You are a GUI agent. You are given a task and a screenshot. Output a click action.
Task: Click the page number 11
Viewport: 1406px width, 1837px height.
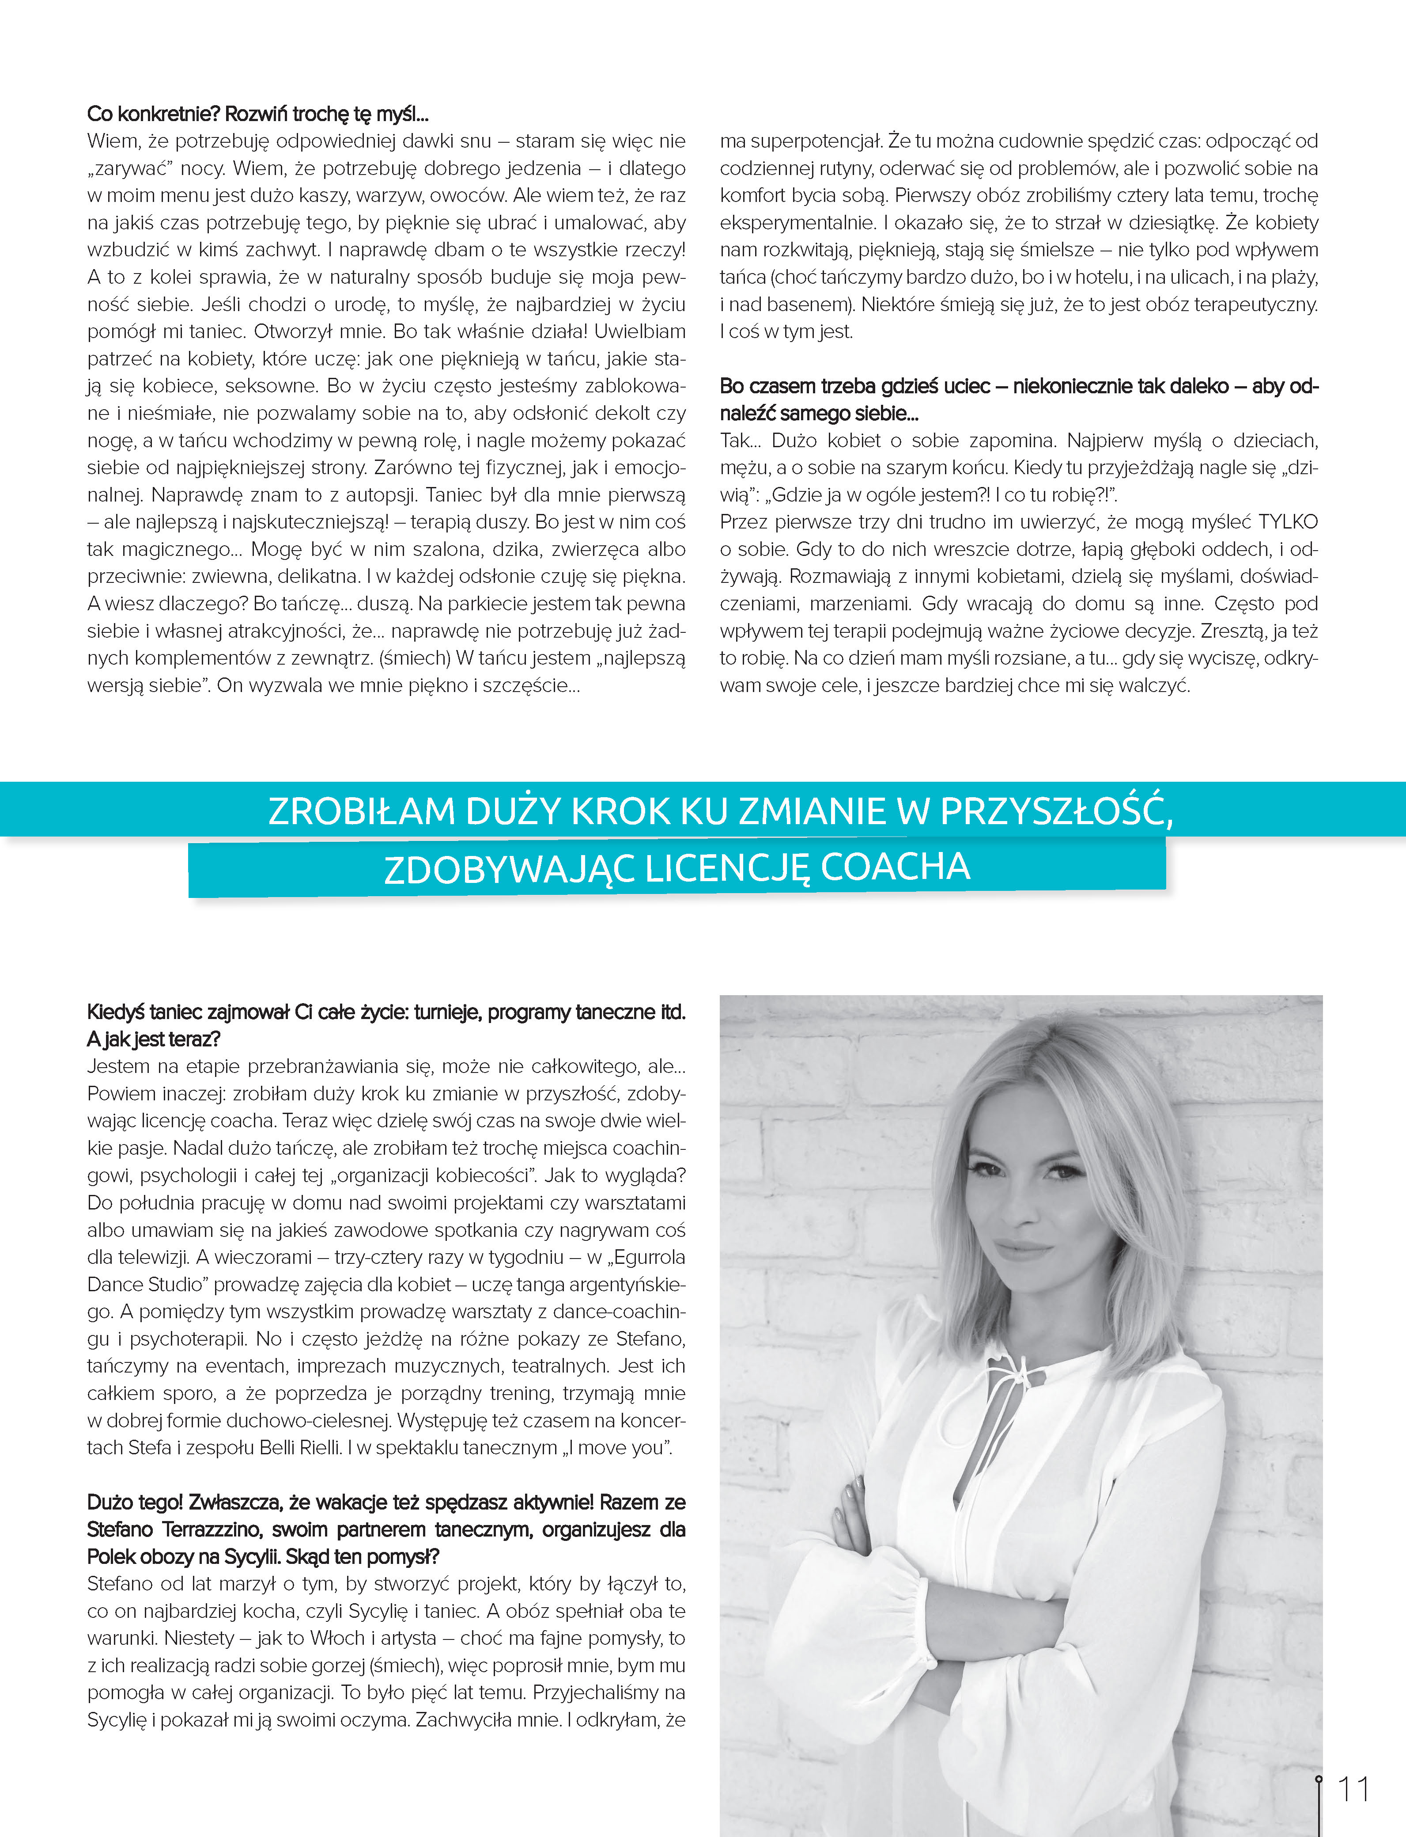click(1353, 1789)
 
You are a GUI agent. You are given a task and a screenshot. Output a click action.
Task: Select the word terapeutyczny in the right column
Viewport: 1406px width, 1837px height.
click(1255, 305)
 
